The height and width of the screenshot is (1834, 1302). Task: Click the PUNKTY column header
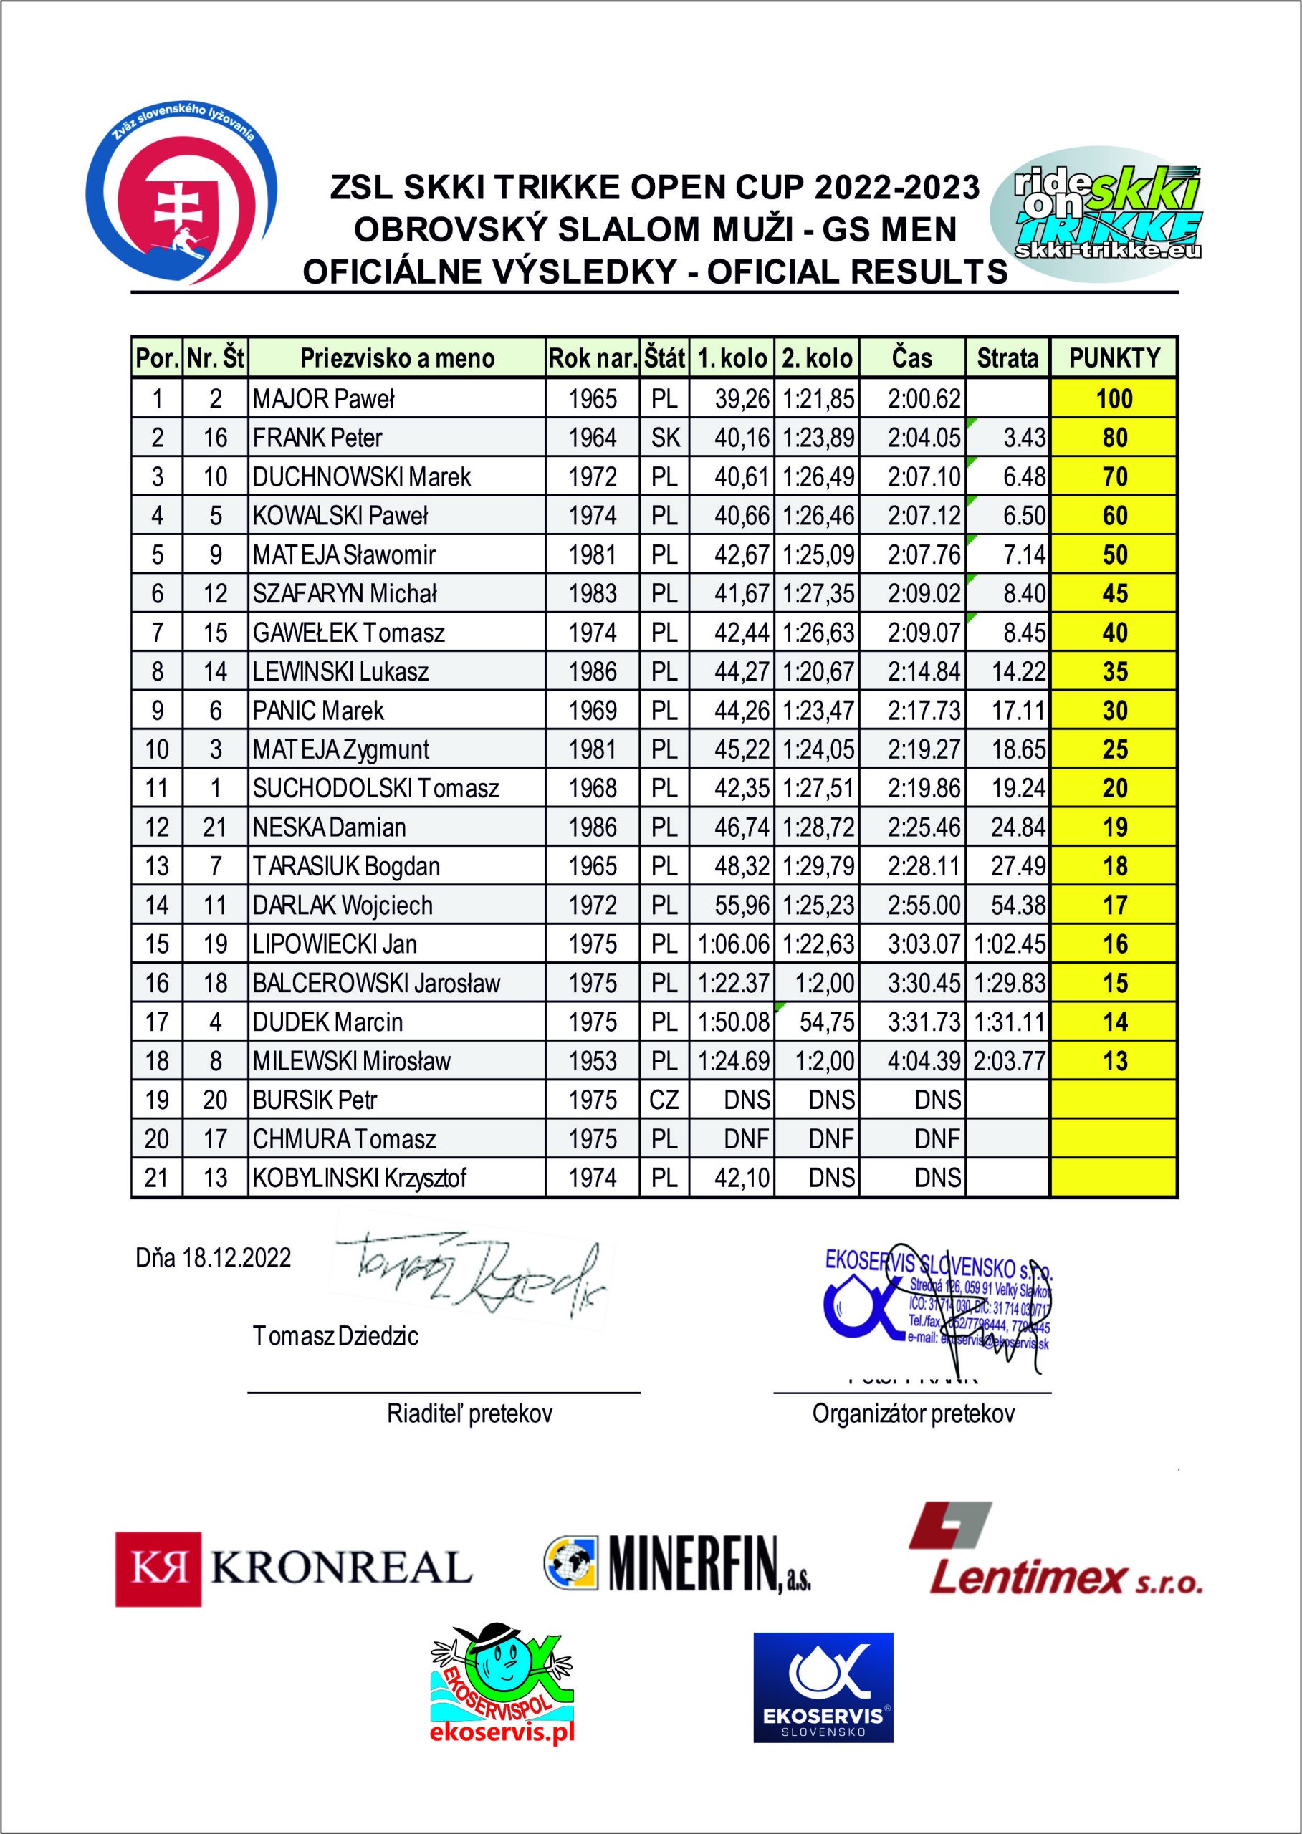pyautogui.click(x=1114, y=357)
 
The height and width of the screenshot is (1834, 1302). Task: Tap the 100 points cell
pyautogui.click(x=1114, y=398)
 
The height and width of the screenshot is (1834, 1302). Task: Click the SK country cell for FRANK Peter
pyautogui.click(x=665, y=438)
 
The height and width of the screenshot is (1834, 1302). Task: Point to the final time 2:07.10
pyautogui.click(x=924, y=477)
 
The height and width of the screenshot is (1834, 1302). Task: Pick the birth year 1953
pyautogui.click(x=593, y=1061)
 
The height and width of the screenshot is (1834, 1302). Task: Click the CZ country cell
pyautogui.click(x=665, y=1100)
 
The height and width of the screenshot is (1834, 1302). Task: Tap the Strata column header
pyautogui.click(x=1007, y=357)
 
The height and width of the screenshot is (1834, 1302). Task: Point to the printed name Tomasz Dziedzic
pyautogui.click(x=335, y=1335)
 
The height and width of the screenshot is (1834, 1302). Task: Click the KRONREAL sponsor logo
pyautogui.click(x=292, y=1569)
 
